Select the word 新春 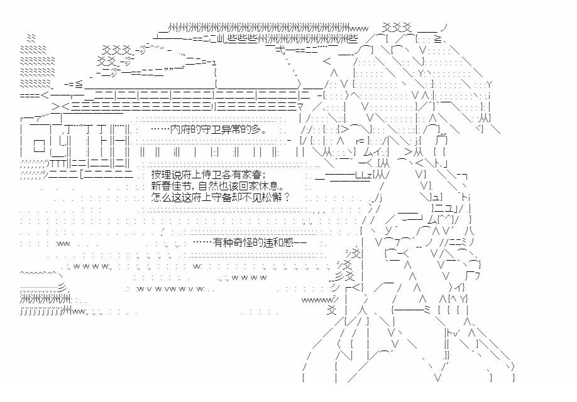160,186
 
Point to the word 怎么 160,197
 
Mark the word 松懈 271,197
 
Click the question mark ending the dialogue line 287,197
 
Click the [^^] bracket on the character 446,218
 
